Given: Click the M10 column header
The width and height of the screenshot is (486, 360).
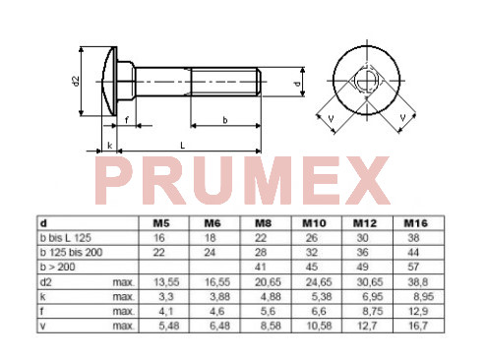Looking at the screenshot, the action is pyautogui.click(x=314, y=223).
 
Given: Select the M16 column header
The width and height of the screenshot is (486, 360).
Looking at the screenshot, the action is pyautogui.click(x=416, y=223).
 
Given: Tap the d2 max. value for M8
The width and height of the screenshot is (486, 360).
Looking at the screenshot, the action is pyautogui.click(x=268, y=282).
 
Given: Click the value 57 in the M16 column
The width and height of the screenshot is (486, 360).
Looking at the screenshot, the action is pyautogui.click(x=413, y=267).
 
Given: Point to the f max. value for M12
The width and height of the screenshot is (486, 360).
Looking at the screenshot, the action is pyautogui.click(x=373, y=311).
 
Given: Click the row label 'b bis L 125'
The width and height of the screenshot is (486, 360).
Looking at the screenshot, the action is pyautogui.click(x=65, y=238).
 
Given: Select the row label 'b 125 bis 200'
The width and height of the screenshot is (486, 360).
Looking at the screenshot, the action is pyautogui.click(x=71, y=253).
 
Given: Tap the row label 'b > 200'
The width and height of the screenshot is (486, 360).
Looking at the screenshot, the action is pyautogui.click(x=57, y=267).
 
